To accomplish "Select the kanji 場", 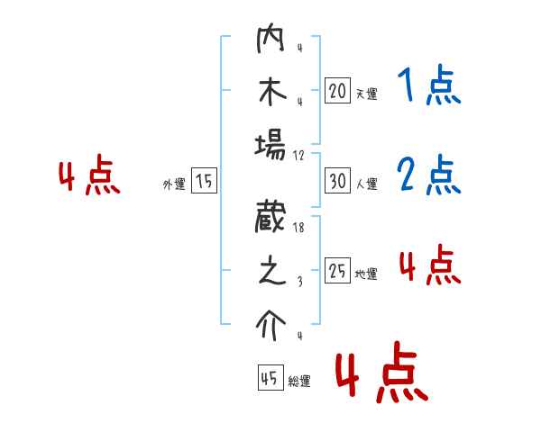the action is [271, 144].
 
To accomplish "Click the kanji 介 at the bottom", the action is [271, 324].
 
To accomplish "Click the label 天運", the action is [366, 94].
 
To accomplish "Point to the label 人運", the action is [366, 184].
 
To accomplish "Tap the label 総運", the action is [299, 382].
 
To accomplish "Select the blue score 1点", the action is [428, 86].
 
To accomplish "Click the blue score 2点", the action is [428, 175].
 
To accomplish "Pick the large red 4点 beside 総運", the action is [381, 375].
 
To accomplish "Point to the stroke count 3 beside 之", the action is [298, 282].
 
